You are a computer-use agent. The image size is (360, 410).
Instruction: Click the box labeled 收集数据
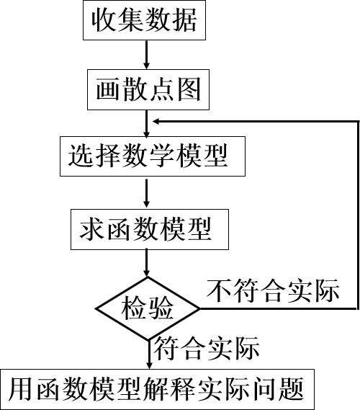point(144,20)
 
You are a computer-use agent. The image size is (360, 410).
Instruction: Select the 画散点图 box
point(148,89)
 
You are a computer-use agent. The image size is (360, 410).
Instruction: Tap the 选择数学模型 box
point(153,156)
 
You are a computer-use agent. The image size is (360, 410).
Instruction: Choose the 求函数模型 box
point(150,229)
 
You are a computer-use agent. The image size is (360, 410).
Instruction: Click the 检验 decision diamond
point(148,308)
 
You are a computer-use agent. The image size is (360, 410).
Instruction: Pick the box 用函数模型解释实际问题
point(157,389)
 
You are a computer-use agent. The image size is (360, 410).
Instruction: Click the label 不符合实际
point(273,290)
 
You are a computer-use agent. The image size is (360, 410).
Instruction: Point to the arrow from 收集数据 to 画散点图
point(147,55)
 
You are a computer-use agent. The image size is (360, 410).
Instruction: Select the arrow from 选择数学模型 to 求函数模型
point(147,194)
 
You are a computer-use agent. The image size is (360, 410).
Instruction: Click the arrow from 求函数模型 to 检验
point(147,263)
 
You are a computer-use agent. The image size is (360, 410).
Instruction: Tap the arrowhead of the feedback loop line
point(156,121)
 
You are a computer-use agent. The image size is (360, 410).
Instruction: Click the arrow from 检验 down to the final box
point(149,355)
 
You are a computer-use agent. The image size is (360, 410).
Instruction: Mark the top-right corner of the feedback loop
point(358,121)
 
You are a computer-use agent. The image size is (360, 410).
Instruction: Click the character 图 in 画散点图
point(189,89)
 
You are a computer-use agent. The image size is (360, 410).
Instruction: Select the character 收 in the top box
point(104,20)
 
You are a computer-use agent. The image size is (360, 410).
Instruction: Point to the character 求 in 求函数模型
point(91,229)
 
